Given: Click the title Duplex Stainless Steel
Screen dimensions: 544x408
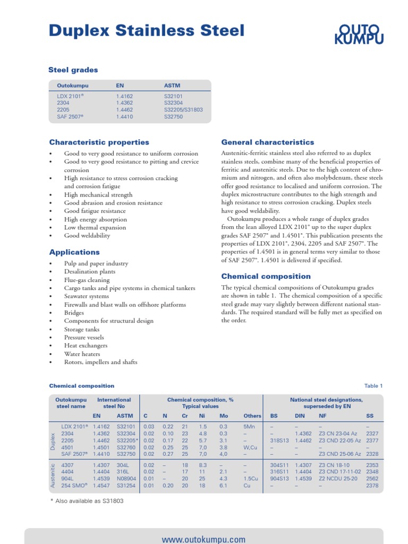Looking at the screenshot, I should coord(147,31).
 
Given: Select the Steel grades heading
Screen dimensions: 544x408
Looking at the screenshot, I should coord(73,70).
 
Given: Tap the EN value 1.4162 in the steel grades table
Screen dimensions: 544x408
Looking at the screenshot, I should coord(124,97).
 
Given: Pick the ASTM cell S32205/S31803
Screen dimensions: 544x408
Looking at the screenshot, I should coord(184,109).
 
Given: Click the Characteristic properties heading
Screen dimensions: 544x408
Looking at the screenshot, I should coord(99,142).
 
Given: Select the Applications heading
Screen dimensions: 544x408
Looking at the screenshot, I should coord(74,252).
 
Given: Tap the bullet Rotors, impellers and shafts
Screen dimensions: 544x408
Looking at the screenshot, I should coord(100,362).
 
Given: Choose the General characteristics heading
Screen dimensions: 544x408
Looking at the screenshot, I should coord(268,142).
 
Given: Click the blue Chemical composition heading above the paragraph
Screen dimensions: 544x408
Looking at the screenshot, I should coord(266,276).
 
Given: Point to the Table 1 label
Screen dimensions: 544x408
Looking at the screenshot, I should coord(373,386).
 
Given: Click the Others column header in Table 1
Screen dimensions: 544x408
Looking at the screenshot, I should coord(252,416).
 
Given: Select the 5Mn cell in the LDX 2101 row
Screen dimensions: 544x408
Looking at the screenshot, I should coord(249,427).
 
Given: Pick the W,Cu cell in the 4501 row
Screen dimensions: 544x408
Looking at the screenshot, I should coord(250,447).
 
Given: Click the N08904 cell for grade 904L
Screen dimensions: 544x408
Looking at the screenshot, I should coord(126,479).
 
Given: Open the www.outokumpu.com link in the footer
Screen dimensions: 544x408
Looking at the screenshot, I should coord(203,539).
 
